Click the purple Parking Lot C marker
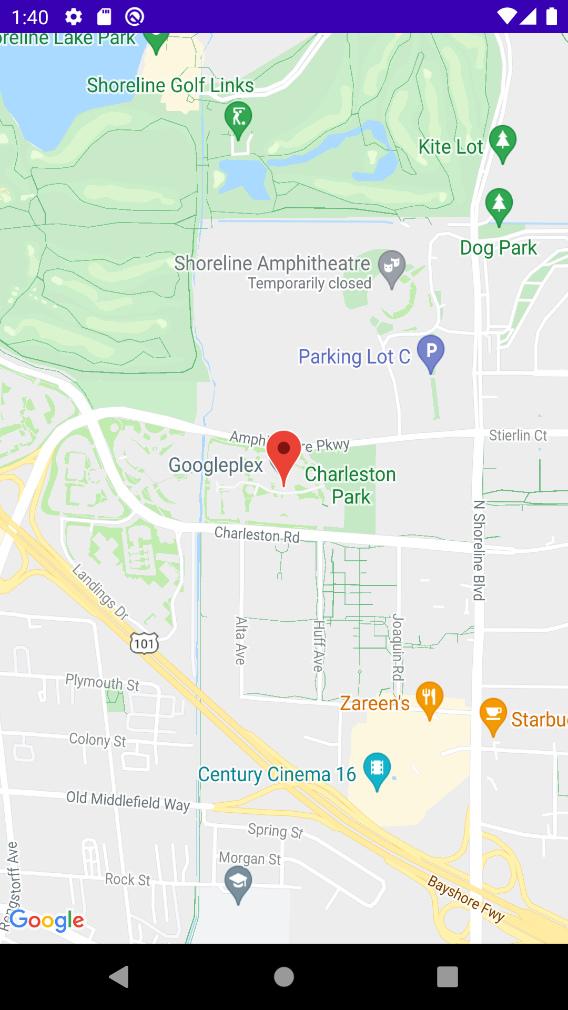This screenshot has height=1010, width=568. click(x=431, y=351)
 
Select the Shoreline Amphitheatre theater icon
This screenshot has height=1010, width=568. click(x=392, y=266)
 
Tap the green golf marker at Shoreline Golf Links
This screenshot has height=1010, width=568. click(x=238, y=119)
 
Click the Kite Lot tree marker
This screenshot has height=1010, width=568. click(x=503, y=142)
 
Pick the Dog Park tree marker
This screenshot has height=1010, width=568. click(x=499, y=205)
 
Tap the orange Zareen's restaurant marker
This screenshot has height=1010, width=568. click(x=430, y=698)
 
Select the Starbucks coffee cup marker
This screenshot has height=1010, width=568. click(x=493, y=714)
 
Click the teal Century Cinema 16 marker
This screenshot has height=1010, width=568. click(x=377, y=769)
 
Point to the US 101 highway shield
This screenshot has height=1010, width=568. click(x=144, y=643)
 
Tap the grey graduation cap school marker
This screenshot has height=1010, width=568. click(x=238, y=882)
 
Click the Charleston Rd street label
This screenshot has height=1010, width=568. click(x=257, y=534)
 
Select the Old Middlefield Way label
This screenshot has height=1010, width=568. click(x=128, y=801)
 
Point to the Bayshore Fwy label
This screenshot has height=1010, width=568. click(x=466, y=898)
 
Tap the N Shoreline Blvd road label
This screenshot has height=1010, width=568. click(x=479, y=550)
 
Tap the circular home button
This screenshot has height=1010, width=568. click(x=284, y=977)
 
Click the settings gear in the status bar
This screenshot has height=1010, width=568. click(x=74, y=17)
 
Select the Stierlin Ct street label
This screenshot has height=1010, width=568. click(x=518, y=436)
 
